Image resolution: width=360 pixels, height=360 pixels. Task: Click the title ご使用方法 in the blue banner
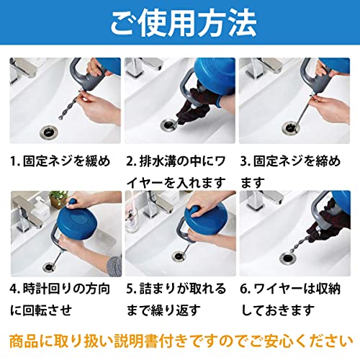pos(184,24)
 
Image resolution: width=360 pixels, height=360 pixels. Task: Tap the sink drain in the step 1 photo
pos(48,131)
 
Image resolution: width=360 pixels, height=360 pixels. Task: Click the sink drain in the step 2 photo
pos(169,125)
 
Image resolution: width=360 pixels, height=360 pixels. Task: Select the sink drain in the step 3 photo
pos(291,127)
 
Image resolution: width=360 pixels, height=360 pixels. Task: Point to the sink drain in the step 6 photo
pos(288,258)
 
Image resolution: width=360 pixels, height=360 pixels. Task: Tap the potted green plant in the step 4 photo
pos(58,199)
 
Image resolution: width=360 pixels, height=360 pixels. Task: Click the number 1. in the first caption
pos(15,161)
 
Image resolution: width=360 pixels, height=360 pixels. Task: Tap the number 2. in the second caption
pos(131,161)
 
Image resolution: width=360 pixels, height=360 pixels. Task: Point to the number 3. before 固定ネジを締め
pos(246,161)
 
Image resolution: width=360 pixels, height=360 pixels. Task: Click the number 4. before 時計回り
pos(15,289)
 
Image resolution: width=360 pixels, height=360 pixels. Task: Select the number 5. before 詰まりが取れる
pos(131,289)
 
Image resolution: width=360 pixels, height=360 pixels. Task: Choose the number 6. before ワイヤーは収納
pos(246,289)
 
